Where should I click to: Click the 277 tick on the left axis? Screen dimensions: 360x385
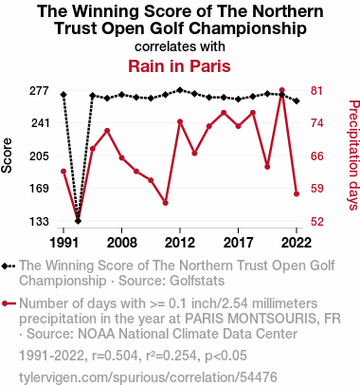40,91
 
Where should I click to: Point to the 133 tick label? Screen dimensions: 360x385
40,222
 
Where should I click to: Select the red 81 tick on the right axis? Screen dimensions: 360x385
316,91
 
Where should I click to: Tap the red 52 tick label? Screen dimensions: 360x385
316,222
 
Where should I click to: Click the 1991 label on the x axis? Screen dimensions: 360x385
64,243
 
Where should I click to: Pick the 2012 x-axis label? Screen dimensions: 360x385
180,243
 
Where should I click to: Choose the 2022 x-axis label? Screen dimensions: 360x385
297,243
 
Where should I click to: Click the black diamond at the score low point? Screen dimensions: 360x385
78,221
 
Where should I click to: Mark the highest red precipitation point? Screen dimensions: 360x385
282,90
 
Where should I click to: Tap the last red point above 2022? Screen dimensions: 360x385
297,193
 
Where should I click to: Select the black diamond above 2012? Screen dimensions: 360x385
180,90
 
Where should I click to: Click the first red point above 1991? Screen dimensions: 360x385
63,172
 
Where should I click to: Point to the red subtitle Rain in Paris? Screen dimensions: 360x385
179,66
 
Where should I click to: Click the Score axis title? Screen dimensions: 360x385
7,156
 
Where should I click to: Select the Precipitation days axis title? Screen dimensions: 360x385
354,156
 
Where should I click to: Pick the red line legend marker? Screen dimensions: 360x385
9,303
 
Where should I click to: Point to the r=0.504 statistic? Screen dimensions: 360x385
115,356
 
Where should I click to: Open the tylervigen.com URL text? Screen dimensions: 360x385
148,377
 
